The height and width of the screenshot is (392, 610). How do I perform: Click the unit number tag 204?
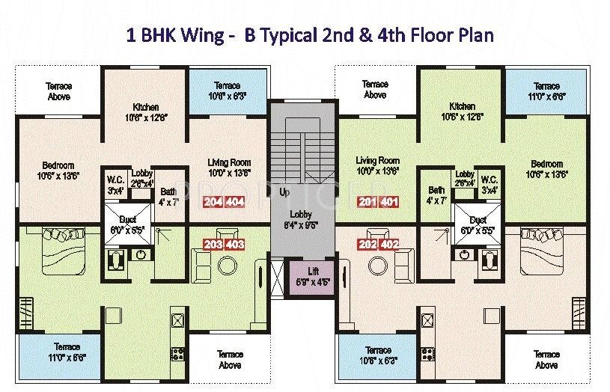(x=213, y=202)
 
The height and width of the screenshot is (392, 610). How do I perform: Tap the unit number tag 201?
(x=367, y=202)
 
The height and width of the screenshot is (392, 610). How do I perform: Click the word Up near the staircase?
(x=284, y=192)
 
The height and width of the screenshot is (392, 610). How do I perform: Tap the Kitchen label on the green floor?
(x=463, y=111)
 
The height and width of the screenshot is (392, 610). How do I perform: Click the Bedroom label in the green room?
(x=546, y=169)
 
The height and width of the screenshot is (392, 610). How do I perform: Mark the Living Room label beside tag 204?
(x=229, y=167)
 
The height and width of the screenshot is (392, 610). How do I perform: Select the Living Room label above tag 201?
(x=377, y=165)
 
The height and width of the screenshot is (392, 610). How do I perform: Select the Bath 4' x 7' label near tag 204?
(x=168, y=197)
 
